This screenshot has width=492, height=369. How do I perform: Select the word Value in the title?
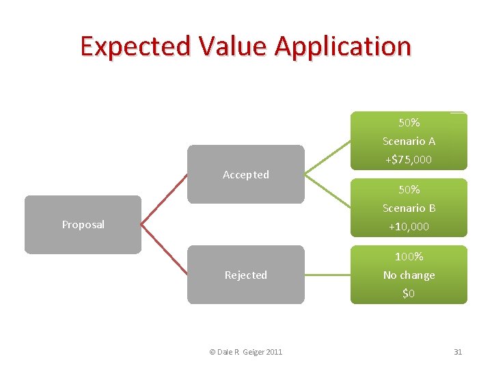234,46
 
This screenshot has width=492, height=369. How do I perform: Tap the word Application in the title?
343,46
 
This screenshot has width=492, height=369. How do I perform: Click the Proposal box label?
83,225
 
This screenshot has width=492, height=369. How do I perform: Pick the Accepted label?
246,175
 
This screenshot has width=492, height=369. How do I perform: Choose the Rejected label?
246,275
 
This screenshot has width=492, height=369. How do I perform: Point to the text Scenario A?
409,141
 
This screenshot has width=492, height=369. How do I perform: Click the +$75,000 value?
409,159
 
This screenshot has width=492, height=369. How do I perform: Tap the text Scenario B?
409,208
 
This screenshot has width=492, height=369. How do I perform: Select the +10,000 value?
409,227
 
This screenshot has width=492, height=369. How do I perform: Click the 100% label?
409,257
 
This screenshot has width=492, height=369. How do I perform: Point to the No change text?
409,275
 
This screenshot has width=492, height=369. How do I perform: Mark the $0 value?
409,294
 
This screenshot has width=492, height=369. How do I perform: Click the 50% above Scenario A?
409,123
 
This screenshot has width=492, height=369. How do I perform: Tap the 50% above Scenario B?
409,189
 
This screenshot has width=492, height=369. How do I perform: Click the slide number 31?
458,352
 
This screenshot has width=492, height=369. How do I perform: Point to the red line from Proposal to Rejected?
164,249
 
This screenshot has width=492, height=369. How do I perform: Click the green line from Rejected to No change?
327,275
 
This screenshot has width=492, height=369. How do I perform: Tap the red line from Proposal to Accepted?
164,199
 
